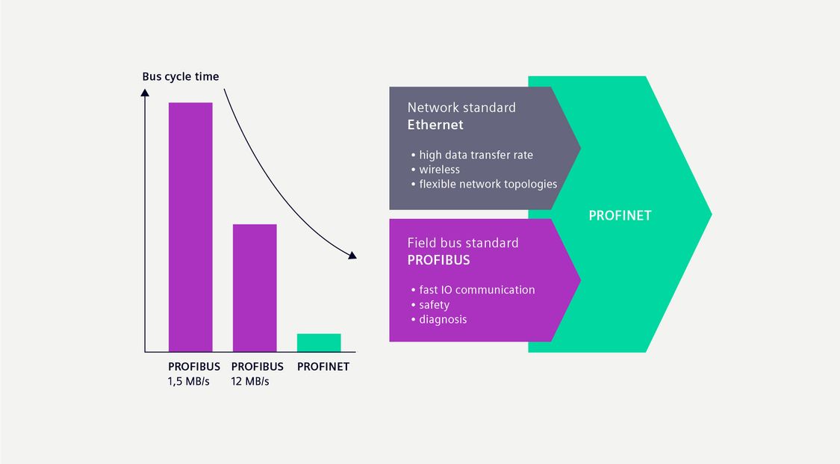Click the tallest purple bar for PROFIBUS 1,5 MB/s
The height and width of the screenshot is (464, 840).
click(x=190, y=227)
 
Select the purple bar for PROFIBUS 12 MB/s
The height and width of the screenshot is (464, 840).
click(x=255, y=288)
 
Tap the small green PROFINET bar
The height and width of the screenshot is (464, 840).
click(x=319, y=343)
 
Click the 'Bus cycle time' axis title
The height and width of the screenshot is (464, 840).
click(x=181, y=77)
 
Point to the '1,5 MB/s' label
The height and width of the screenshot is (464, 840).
click(x=189, y=382)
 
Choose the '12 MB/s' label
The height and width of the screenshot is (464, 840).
click(x=250, y=382)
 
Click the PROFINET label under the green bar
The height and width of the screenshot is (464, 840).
click(x=323, y=366)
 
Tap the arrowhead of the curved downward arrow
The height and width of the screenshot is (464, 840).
click(x=352, y=256)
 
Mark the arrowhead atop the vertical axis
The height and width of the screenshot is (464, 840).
click(x=145, y=93)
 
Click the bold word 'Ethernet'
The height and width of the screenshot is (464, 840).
click(x=435, y=125)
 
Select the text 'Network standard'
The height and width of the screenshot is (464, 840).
click(x=461, y=108)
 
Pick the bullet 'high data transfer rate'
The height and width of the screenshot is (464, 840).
click(x=472, y=155)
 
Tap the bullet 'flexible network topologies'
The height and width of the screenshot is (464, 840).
click(x=485, y=185)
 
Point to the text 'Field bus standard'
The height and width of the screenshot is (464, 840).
click(x=463, y=243)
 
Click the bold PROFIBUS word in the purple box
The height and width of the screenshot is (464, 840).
click(x=439, y=261)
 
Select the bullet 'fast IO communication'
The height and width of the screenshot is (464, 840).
click(x=473, y=290)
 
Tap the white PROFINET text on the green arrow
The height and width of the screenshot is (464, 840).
click(x=620, y=215)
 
